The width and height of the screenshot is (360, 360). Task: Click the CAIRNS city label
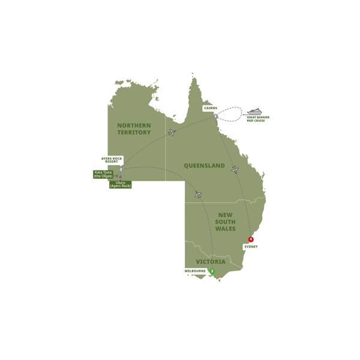coord(210,108)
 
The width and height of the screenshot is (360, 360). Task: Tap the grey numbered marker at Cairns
coord(215,116)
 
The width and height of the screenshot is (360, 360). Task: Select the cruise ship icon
coord(254,112)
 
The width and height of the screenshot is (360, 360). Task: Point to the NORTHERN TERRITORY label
coord(134,128)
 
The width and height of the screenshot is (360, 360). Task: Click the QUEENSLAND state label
coord(204,166)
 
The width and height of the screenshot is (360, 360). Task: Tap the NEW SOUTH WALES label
coord(226,221)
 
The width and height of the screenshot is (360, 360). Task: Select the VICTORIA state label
coord(211,262)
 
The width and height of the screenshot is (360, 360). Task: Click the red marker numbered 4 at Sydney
coord(251,239)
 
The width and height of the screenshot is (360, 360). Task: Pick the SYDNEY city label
coord(251,247)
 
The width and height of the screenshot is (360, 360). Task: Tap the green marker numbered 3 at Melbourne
coord(212,271)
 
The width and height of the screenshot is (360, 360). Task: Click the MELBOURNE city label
coord(195,271)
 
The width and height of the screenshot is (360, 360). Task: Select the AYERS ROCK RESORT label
coord(112,161)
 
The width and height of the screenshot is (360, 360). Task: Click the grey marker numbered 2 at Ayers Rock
coord(121,170)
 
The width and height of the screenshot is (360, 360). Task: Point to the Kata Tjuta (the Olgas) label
coord(103,174)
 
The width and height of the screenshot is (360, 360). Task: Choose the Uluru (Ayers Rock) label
coord(121,184)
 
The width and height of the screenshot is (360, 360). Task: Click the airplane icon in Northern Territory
coord(172,132)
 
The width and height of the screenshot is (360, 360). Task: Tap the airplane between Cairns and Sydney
coord(235,170)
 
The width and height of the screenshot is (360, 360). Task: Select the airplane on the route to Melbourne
coord(197,194)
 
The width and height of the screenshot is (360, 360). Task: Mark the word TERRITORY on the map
coord(134,132)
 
